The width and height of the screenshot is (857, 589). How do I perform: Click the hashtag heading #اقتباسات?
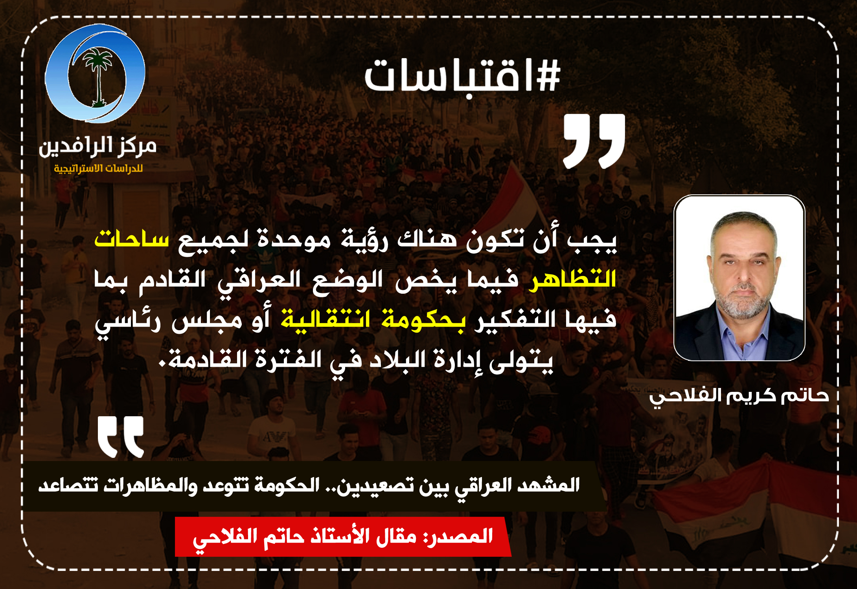click(x=462, y=76)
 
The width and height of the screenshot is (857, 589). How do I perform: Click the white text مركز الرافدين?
click(x=97, y=146)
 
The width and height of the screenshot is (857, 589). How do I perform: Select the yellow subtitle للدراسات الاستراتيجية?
click(x=98, y=168)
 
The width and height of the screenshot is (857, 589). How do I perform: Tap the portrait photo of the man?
click(x=739, y=278)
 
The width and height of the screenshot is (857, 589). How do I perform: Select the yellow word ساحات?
click(x=131, y=239)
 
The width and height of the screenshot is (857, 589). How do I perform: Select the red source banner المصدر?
click(x=343, y=536)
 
